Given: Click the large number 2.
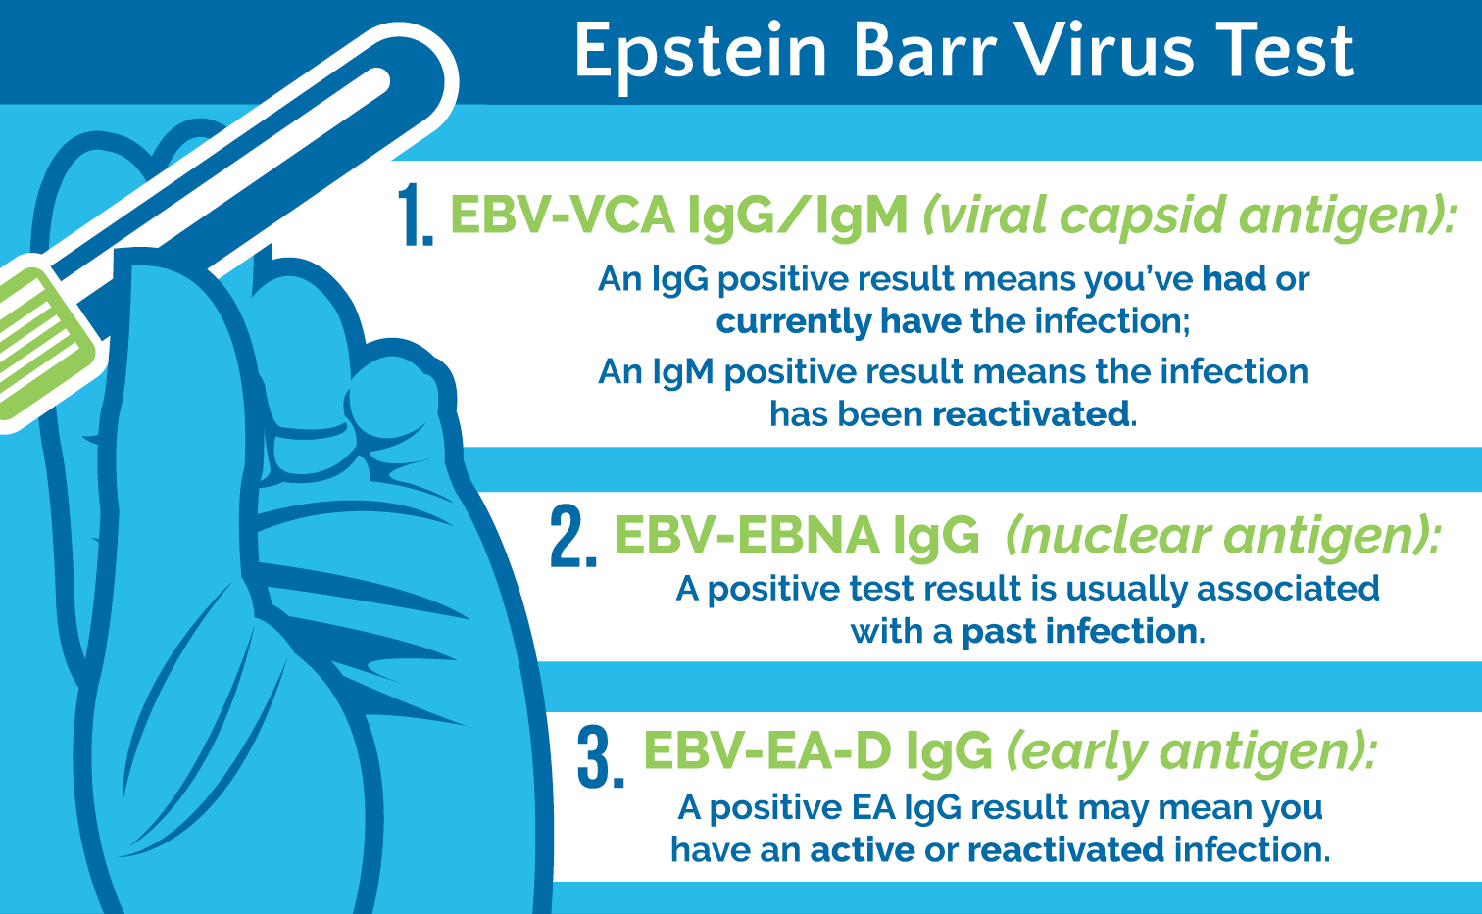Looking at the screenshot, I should point(573,537).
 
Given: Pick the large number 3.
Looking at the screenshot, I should point(600,756).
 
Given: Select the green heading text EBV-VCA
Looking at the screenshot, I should point(562,216).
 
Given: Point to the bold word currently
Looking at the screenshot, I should point(793,322).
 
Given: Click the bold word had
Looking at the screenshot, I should point(1234,279).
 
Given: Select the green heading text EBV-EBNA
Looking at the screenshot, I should point(746,536).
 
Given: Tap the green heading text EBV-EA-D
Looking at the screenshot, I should point(766,751).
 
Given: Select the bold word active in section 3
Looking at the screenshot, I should point(862,849).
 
